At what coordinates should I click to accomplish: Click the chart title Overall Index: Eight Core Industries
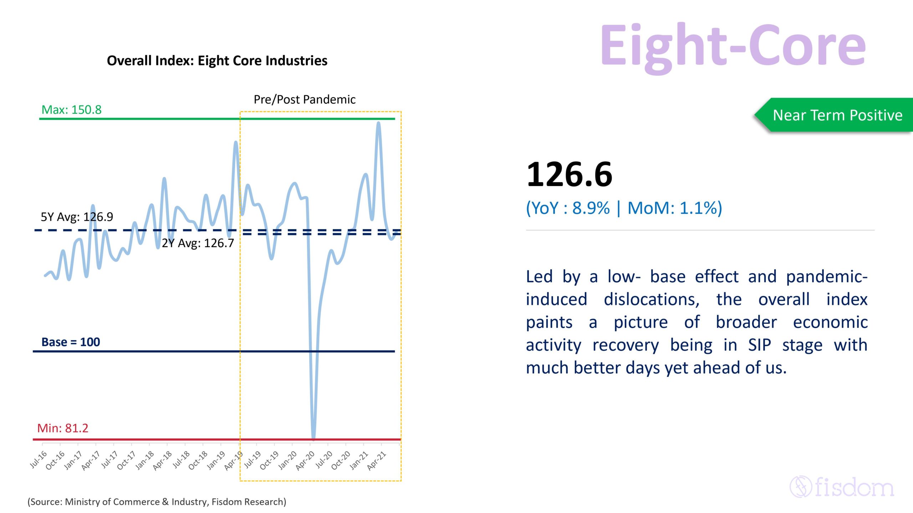pyautogui.click(x=217, y=61)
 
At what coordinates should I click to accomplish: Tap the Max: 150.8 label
pyautogui.click(x=71, y=110)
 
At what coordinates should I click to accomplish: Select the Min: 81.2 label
pyautogui.click(x=63, y=428)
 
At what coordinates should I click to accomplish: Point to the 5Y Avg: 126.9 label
pyautogui.click(x=77, y=217)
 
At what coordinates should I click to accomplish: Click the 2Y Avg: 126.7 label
pyautogui.click(x=198, y=243)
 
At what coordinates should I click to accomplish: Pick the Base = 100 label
pyautogui.click(x=71, y=342)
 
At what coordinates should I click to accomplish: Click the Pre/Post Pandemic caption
pyautogui.click(x=305, y=99)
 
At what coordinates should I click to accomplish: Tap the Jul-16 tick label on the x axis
pyautogui.click(x=39, y=460)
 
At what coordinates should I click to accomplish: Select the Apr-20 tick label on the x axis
pyautogui.click(x=306, y=460)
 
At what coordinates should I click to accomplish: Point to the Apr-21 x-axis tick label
pyautogui.click(x=377, y=460)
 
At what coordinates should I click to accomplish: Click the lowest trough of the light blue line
pyautogui.click(x=313, y=437)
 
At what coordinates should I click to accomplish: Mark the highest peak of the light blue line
pyautogui.click(x=378, y=123)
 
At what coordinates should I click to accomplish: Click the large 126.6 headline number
pyautogui.click(x=569, y=175)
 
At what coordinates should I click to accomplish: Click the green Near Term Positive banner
pyautogui.click(x=837, y=115)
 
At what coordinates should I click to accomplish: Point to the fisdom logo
pyautogui.click(x=842, y=487)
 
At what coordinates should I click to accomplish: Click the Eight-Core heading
pyautogui.click(x=733, y=46)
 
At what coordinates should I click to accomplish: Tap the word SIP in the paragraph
pyautogui.click(x=759, y=345)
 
